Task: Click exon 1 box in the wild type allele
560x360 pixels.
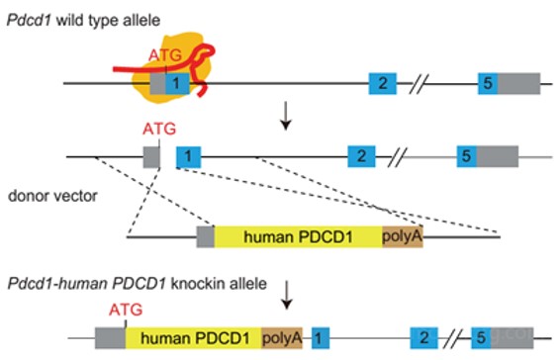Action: coord(177,83)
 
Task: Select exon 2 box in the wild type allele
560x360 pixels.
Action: coord(383,83)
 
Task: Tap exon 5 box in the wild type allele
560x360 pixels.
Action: coord(488,83)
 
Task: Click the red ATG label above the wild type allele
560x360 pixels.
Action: coord(165,55)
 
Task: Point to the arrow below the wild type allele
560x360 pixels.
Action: coord(286,116)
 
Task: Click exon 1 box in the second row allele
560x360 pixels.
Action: coord(189,157)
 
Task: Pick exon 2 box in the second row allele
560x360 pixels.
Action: coord(361,156)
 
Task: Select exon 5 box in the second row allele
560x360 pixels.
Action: coord(466,156)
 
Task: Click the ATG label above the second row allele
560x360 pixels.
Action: coord(159,129)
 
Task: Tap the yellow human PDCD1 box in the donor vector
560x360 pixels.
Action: coord(298,236)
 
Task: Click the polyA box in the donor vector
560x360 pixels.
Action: coord(403,236)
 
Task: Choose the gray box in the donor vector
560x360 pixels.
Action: coord(206,236)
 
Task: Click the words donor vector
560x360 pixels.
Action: coord(52,196)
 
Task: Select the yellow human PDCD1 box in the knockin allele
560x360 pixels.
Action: coord(194,338)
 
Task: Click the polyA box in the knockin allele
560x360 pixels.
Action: coord(282,338)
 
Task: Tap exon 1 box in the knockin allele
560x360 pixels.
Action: coord(321,338)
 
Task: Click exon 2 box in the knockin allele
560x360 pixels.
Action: coord(423,338)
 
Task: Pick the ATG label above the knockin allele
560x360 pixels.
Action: coord(126,310)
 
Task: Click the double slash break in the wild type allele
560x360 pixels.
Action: coord(419,84)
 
